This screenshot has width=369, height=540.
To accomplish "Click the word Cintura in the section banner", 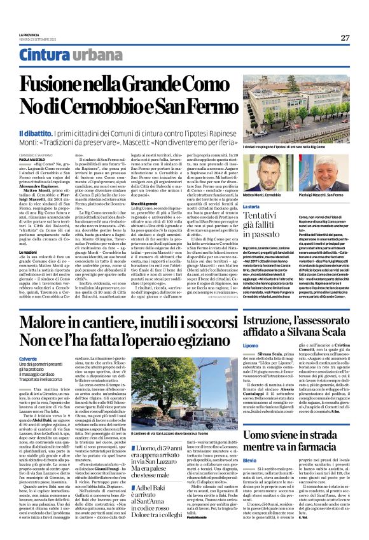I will (x=44, y=55).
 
